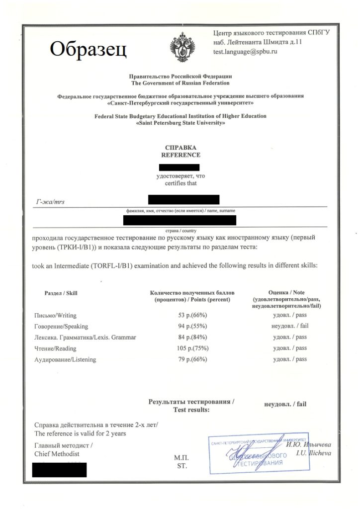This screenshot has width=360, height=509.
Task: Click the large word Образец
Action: coord(88,49)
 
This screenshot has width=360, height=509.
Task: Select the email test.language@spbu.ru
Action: coord(245,51)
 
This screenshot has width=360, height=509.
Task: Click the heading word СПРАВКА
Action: coord(180,148)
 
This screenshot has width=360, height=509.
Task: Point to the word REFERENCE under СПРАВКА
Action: coord(180,155)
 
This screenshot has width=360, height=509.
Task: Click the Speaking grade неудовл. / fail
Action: coord(289,326)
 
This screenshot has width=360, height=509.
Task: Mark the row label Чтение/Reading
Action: coord(55,348)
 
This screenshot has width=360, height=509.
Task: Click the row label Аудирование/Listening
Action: coord(65,359)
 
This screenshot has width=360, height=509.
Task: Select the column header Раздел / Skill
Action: coord(61,293)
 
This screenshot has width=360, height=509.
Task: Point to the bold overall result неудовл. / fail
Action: coord(285,404)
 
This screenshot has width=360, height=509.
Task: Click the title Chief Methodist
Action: coord(57,454)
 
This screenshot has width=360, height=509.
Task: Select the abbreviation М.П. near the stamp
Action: coord(181,457)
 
